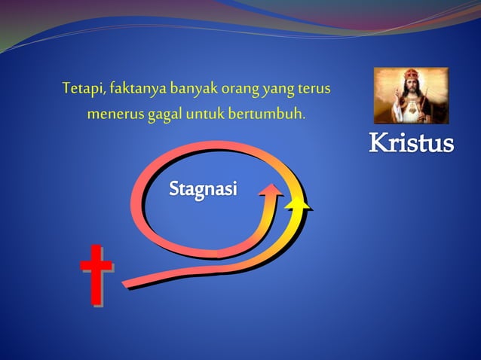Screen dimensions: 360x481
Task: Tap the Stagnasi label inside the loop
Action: pyautogui.click(x=202, y=188)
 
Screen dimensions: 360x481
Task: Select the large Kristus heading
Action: pyautogui.click(x=411, y=144)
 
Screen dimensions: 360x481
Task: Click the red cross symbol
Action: pyautogui.click(x=96, y=274)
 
